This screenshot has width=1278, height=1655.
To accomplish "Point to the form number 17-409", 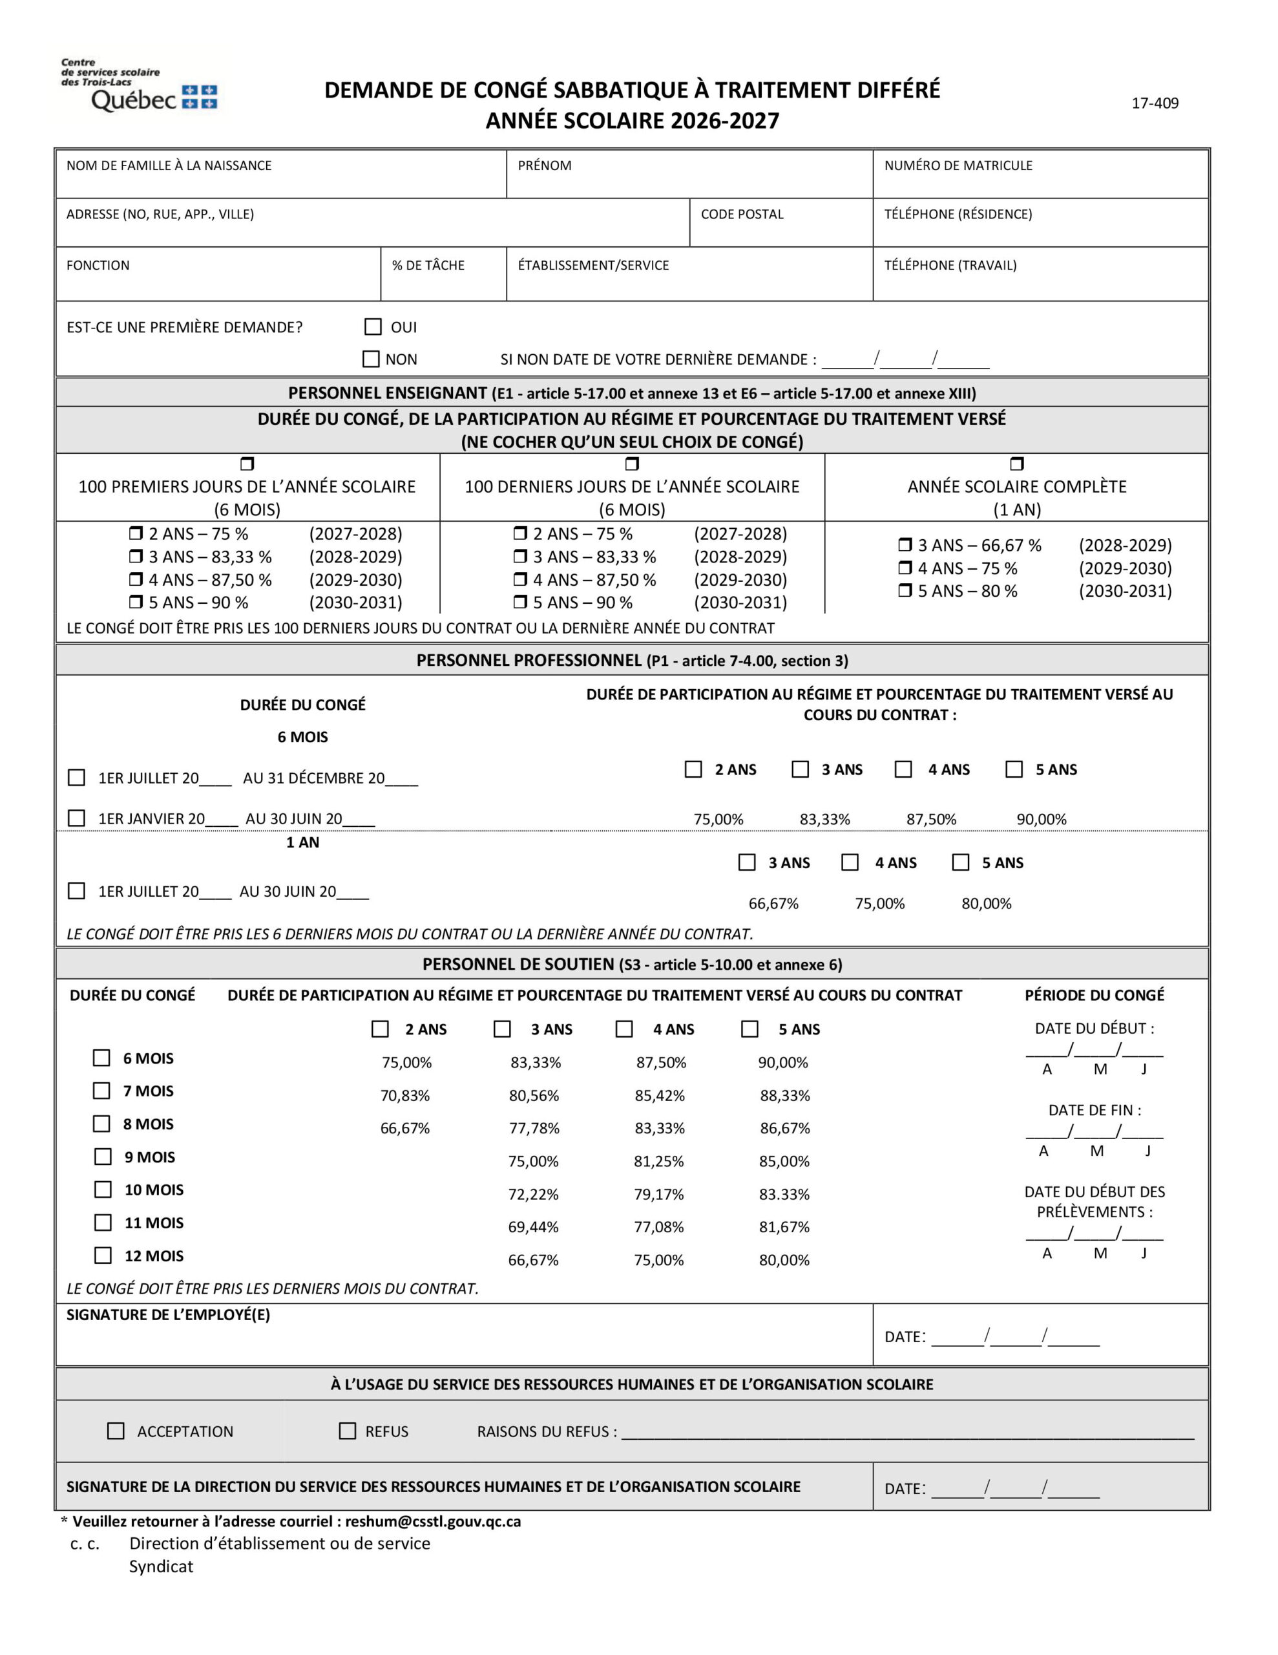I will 1155,103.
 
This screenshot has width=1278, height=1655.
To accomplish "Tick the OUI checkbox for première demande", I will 373,326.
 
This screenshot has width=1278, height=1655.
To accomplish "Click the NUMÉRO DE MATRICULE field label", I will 958,165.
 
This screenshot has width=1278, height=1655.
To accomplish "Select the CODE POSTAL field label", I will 742,215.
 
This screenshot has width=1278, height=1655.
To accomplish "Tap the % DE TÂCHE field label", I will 428,265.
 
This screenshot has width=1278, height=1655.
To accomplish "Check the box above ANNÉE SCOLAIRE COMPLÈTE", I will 1016,464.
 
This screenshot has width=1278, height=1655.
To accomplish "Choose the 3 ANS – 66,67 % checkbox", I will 905,545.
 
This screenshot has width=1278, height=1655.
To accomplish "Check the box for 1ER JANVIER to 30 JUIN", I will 76,818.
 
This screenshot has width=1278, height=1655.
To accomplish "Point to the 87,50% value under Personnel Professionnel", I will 931,819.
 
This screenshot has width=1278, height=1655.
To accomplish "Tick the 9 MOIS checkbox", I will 103,1157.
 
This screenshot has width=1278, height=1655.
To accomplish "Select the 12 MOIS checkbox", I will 103,1255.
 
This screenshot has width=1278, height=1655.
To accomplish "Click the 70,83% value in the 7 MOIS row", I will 404,1096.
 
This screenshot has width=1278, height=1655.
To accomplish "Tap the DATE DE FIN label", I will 1094,1110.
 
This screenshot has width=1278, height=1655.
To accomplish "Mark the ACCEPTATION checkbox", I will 116,1431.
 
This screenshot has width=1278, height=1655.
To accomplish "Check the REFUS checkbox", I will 347,1431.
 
